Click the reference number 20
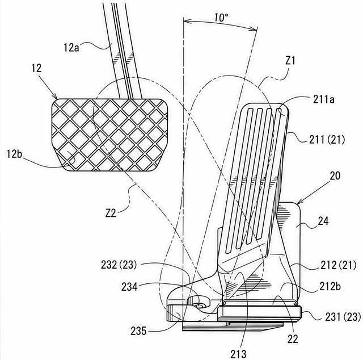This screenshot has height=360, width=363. click(x=335, y=177)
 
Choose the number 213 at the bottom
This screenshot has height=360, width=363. click(x=238, y=354)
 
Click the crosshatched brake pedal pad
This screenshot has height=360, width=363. click(x=111, y=135)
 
